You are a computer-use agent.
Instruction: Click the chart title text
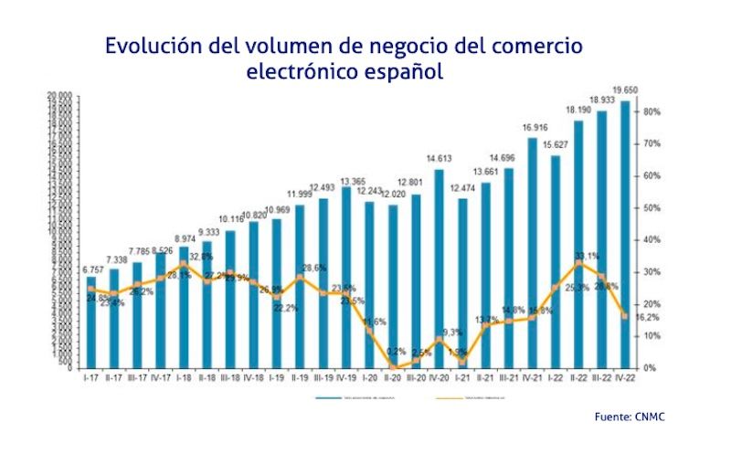coord(344,58)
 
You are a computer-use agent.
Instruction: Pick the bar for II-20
coord(393,285)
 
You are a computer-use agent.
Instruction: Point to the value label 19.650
coord(625,90)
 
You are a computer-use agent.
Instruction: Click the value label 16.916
coord(533,127)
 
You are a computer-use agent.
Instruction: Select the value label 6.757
coord(91,269)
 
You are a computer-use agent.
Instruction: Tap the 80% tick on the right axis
coord(652,111)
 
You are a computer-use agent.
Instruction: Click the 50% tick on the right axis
coord(652,208)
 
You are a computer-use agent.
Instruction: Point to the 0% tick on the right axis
coord(650,368)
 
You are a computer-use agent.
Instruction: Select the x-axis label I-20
coord(370,377)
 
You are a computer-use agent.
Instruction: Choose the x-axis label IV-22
coord(625,377)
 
